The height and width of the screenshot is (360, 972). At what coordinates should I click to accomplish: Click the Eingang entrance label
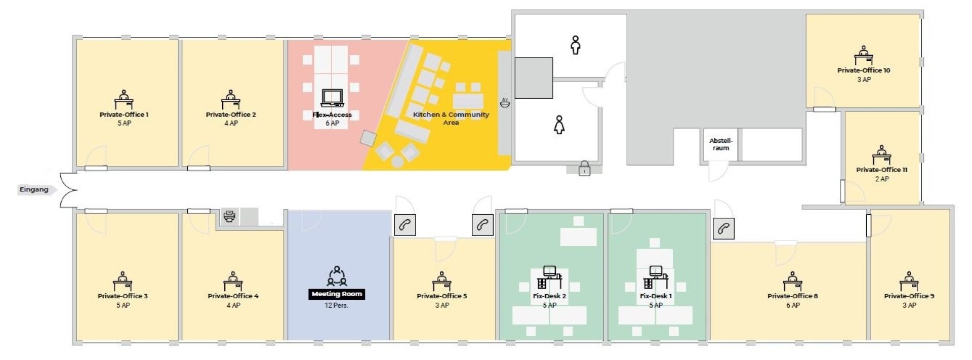coord(34,189)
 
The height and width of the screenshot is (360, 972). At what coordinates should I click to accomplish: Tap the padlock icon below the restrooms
coord(584,168)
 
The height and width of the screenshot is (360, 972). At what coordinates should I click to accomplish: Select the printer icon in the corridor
coord(229,217)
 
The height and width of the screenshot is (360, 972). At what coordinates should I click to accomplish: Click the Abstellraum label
coord(721,144)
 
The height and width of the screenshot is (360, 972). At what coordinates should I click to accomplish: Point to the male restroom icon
coord(575,45)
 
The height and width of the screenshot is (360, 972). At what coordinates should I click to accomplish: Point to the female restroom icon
coord(559,125)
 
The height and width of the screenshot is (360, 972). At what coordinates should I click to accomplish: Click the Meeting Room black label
coord(337,294)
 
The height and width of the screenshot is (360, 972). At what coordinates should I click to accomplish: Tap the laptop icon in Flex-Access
coord(332,98)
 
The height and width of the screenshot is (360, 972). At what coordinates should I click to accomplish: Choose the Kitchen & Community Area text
coord(451,118)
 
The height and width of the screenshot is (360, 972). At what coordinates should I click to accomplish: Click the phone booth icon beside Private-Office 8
coord(723,228)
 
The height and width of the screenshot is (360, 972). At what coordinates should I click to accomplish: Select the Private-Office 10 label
coord(864,70)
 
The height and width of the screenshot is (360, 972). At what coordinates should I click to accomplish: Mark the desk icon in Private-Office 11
coord(881,155)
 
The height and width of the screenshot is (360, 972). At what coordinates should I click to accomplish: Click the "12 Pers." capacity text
coord(337,305)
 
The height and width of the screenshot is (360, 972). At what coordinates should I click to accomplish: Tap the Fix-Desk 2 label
coord(549,296)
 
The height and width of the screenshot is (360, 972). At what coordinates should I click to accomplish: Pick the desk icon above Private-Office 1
coord(124,100)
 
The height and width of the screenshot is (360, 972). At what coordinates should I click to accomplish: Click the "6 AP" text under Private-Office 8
coord(793,305)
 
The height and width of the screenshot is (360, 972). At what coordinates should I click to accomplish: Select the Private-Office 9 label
coord(909,296)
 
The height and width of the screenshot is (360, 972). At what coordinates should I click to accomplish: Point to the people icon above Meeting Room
coord(337,276)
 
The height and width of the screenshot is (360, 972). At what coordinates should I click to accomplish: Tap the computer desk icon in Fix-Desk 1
coord(656,277)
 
